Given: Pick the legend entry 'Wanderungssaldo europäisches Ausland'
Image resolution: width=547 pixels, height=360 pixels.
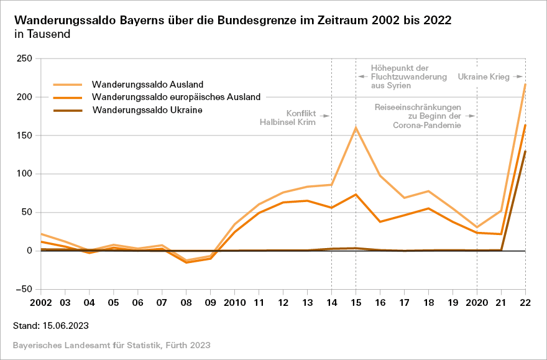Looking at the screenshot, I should (x=176, y=97).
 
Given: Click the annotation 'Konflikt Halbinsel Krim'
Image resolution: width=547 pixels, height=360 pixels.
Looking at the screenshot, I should (x=288, y=118).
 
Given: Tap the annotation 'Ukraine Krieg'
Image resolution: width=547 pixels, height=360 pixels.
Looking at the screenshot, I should (x=483, y=77).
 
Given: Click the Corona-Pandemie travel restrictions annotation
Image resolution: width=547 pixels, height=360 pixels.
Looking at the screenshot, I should (x=417, y=116).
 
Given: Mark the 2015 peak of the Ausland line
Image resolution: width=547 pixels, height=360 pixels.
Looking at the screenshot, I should (x=356, y=127).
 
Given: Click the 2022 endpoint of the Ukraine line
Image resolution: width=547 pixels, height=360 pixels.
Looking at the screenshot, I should (x=525, y=151).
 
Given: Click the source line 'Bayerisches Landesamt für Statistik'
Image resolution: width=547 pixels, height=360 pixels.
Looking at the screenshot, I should (x=111, y=344).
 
